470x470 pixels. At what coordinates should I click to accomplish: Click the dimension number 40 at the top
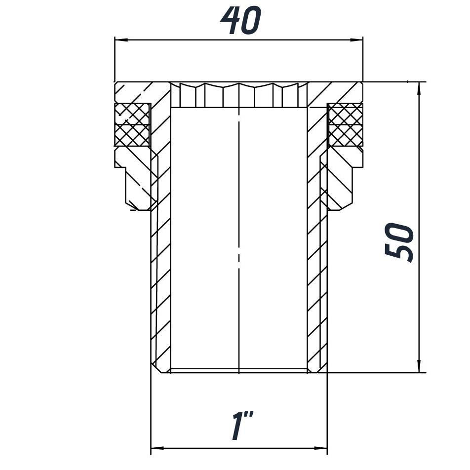[x=241, y=20]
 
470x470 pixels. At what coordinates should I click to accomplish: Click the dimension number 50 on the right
[x=399, y=242]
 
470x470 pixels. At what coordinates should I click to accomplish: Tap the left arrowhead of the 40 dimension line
[x=121, y=39]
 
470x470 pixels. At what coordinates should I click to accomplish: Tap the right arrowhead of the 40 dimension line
[x=356, y=39]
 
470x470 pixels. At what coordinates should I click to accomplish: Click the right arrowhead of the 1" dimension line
[x=320, y=448]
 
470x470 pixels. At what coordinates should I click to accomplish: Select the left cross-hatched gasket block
[x=132, y=125]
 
